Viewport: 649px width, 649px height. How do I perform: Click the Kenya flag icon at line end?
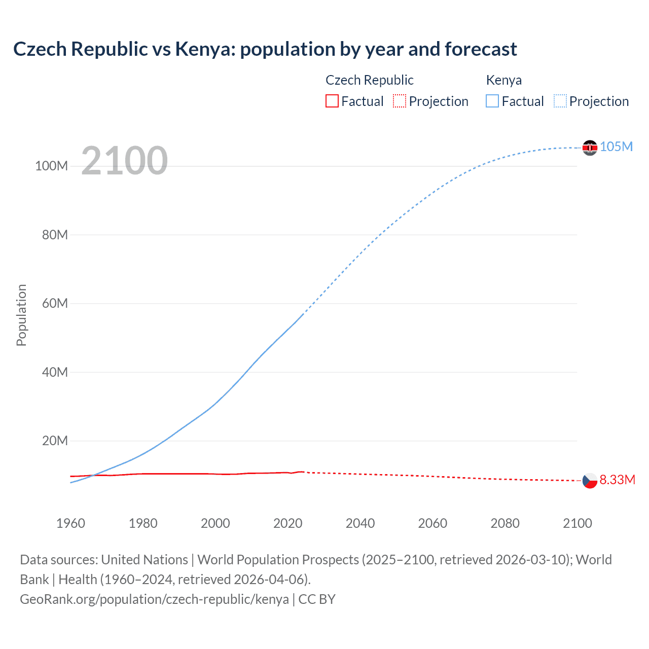click(590, 148)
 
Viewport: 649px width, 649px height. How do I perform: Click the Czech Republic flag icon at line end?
click(590, 480)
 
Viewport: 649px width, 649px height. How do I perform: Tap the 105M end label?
click(616, 147)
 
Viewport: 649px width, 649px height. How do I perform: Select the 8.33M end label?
click(617, 480)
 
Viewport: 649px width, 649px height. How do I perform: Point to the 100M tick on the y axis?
click(51, 166)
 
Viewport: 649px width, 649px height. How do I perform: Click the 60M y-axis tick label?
click(55, 304)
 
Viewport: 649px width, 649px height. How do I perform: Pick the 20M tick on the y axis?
click(55, 441)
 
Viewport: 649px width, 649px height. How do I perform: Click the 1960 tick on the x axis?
click(70, 523)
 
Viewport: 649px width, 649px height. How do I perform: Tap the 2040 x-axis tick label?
click(360, 523)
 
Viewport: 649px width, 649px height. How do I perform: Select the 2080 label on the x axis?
click(505, 523)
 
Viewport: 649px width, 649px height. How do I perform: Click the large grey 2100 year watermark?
click(124, 161)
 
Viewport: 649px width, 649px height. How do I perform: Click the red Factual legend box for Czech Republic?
click(332, 101)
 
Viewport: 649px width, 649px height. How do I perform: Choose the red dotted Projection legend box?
click(400, 101)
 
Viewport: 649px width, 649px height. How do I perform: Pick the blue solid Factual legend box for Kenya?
click(492, 101)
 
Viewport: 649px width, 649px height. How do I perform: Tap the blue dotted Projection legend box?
click(560, 101)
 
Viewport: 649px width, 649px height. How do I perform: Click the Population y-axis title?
click(21, 315)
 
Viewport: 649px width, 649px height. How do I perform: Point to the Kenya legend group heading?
click(503, 80)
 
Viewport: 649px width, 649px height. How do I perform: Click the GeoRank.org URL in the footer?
click(154, 599)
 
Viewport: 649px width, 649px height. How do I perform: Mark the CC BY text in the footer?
click(317, 599)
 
